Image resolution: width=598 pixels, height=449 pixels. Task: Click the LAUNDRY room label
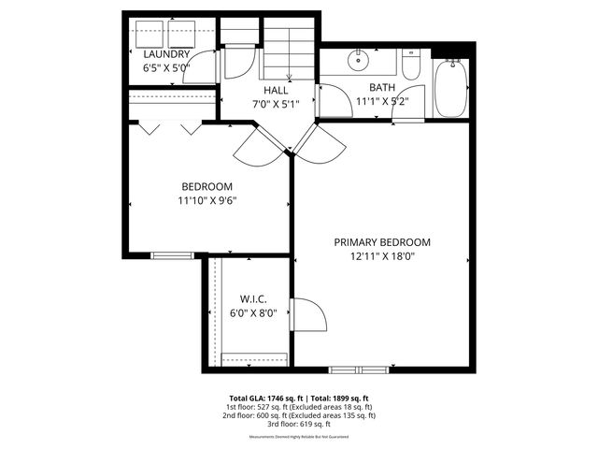coord(166,54)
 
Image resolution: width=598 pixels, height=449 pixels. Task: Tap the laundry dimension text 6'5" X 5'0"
coord(166,68)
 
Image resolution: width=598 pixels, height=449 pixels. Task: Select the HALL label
coord(275,91)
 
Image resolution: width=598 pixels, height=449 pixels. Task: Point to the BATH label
coord(382,88)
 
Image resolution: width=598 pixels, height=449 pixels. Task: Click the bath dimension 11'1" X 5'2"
coord(382,102)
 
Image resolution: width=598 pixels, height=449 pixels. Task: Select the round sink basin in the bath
coord(358,62)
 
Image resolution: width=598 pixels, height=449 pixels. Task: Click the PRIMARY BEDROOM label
coord(388,242)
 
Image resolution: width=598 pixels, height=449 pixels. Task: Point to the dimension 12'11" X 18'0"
coord(388,256)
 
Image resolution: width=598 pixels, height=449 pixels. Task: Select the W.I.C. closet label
coord(253,298)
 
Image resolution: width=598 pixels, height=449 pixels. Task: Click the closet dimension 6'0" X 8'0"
coord(253,313)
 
